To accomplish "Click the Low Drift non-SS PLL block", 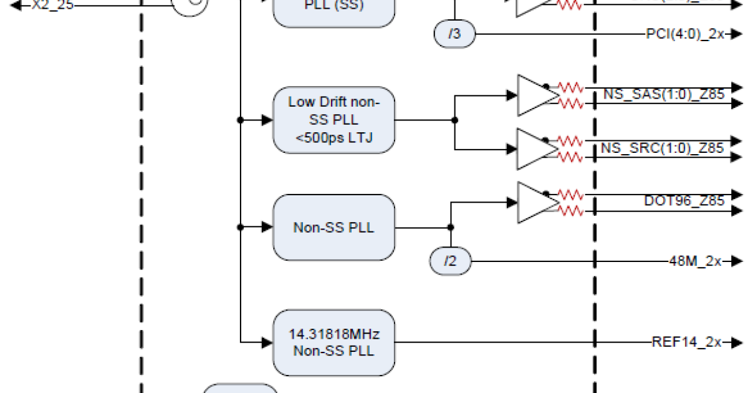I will click(x=333, y=120).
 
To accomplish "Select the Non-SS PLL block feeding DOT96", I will click(x=333, y=227).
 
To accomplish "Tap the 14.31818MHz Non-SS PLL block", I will click(x=333, y=342).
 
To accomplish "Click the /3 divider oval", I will click(x=454, y=34).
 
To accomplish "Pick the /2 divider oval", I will click(x=450, y=261).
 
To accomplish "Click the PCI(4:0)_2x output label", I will click(x=684, y=34).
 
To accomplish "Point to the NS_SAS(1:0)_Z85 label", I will click(x=663, y=95).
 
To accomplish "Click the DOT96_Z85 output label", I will click(x=684, y=201).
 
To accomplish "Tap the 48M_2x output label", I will click(x=694, y=261).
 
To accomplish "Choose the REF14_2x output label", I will click(x=686, y=342).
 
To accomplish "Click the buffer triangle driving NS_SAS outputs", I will click(x=536, y=95).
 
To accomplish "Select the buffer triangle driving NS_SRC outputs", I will click(x=536, y=149).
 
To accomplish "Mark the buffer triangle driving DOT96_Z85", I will click(x=536, y=202).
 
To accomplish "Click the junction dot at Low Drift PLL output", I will click(x=454, y=120).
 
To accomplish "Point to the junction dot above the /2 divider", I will click(x=450, y=227).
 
